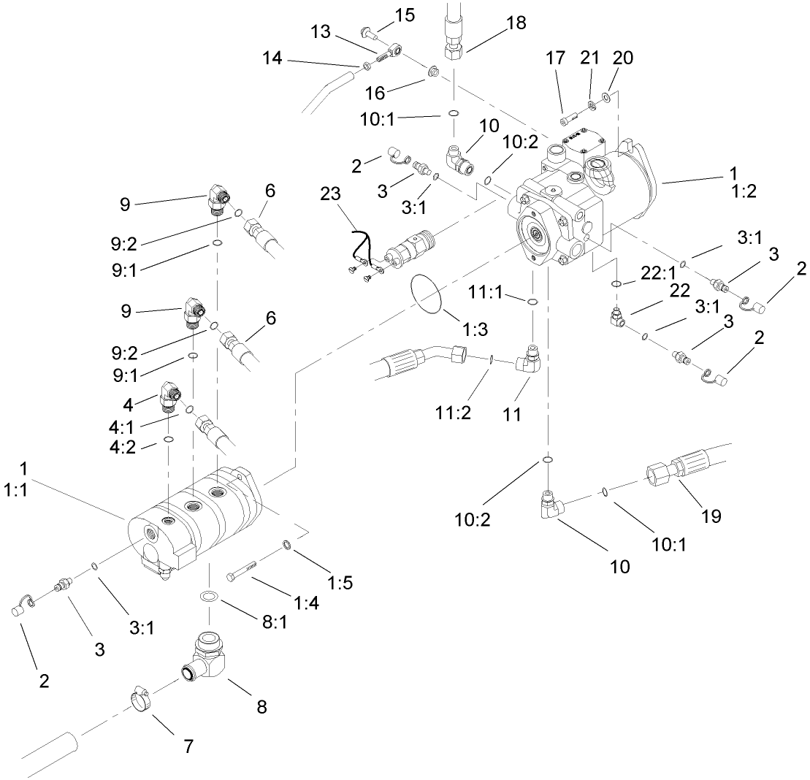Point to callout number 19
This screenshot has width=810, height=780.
click(x=711, y=516)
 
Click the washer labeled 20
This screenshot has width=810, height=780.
click(x=608, y=97)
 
